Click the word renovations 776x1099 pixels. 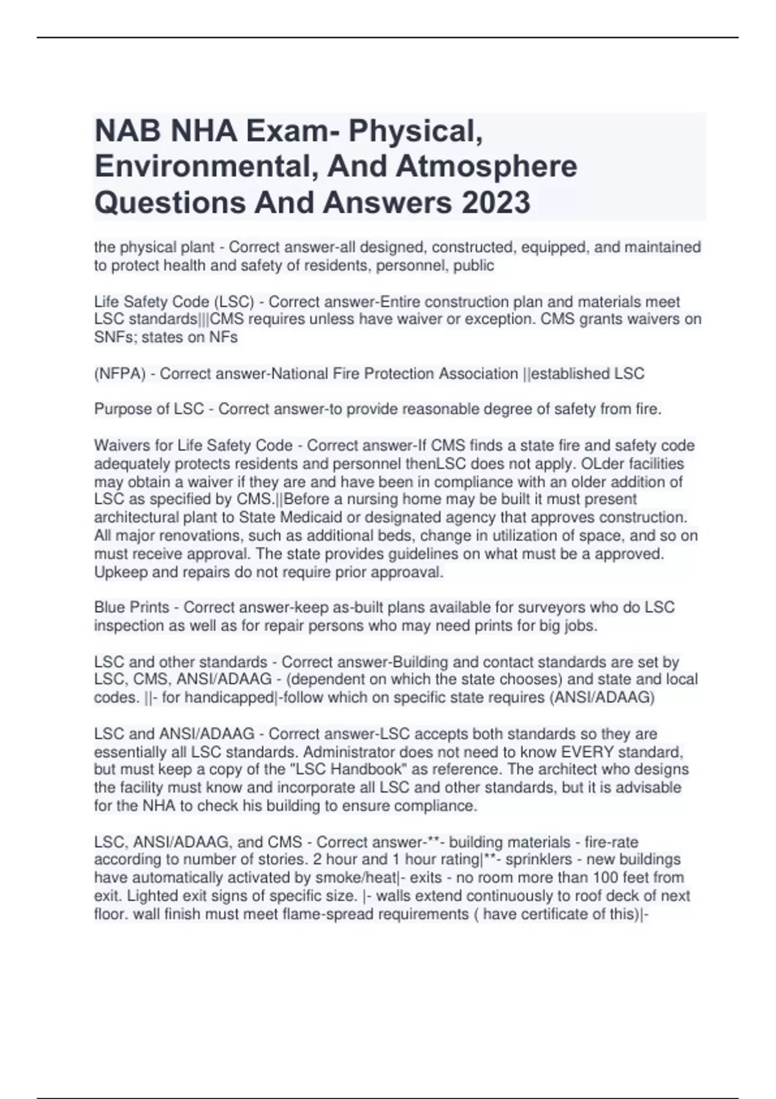click(x=191, y=536)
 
